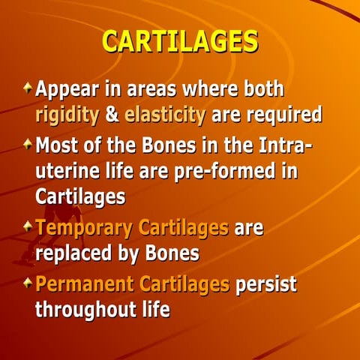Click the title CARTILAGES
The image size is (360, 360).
tap(180, 42)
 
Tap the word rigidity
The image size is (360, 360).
tap(67, 115)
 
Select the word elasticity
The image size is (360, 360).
tap(165, 115)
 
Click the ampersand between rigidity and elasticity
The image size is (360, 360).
tap(111, 115)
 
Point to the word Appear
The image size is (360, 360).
tap(66, 90)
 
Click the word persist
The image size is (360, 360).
tap(266, 284)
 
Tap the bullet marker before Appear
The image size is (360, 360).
tap(28, 89)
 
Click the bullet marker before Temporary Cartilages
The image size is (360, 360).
tap(28, 226)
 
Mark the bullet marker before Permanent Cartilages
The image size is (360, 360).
tap(28, 283)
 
